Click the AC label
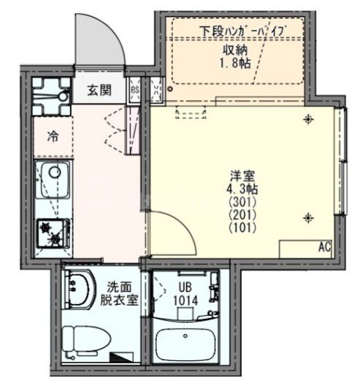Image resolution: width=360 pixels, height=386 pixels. (x=324, y=248)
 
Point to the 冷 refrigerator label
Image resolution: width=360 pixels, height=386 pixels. (x=53, y=136)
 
